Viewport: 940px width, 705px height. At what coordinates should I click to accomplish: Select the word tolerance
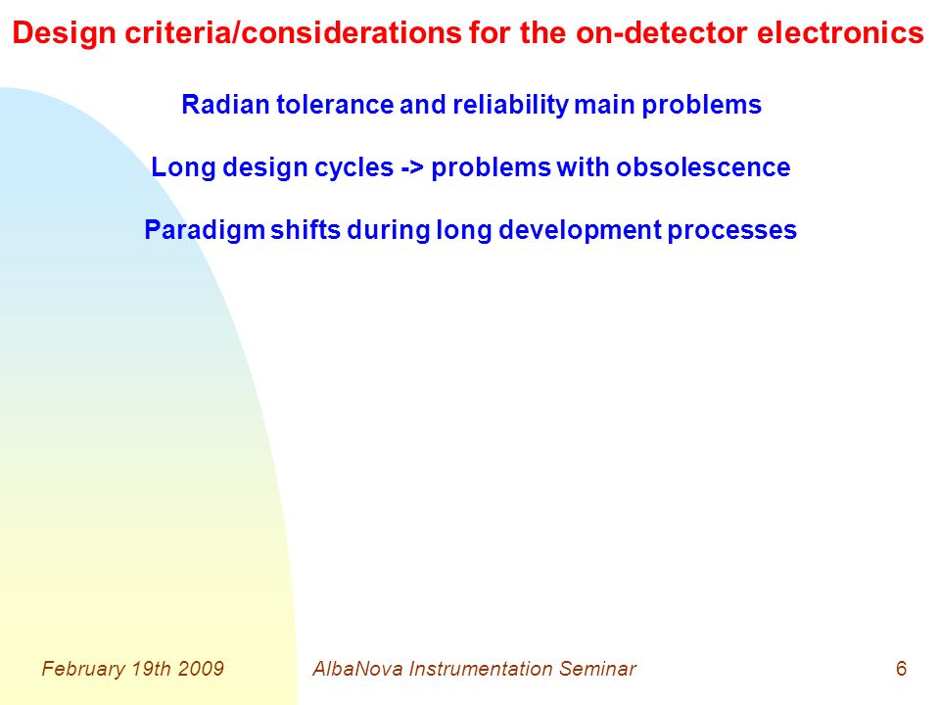[335, 105]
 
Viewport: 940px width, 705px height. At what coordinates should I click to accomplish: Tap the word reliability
[510, 106]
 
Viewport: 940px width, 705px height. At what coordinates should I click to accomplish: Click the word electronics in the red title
[839, 32]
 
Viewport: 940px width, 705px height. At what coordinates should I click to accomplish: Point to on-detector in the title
[663, 32]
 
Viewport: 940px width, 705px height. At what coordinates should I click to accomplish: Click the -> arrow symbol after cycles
[412, 167]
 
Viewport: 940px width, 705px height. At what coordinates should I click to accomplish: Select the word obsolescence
[703, 167]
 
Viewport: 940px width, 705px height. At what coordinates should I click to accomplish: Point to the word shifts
[305, 229]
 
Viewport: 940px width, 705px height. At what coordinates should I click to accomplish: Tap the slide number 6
[901, 669]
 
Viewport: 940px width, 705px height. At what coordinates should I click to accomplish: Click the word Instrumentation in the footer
[481, 669]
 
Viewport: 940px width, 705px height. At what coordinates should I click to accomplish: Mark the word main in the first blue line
[604, 105]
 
